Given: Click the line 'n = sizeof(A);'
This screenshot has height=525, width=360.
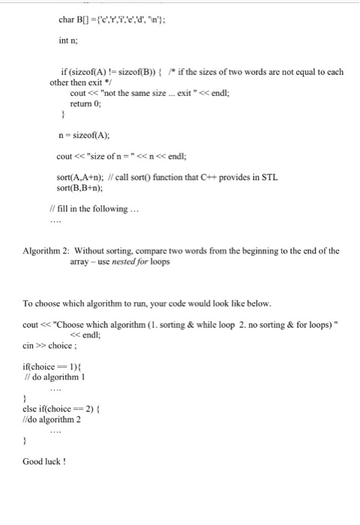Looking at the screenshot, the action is (x=83, y=136).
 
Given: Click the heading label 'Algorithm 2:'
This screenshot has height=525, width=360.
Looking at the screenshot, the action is (x=48, y=250).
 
